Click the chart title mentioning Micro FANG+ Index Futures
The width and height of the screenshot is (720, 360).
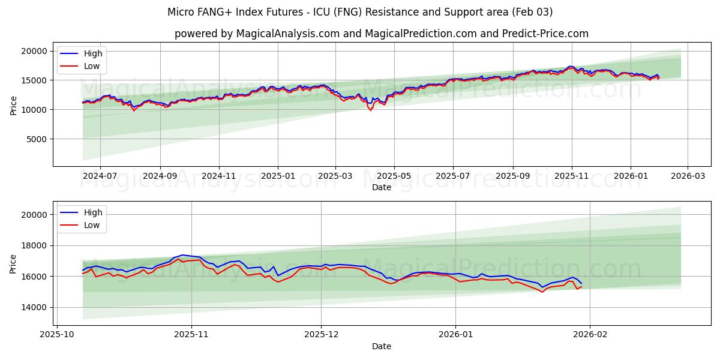(360, 12)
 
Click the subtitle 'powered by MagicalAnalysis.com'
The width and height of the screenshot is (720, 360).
(382, 34)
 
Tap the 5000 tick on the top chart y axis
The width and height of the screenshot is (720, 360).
(37, 139)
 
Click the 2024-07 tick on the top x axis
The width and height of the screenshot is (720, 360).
(100, 176)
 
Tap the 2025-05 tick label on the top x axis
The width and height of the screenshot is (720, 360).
(394, 176)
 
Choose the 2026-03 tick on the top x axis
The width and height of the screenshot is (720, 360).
(687, 176)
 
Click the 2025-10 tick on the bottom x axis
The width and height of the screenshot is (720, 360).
(58, 335)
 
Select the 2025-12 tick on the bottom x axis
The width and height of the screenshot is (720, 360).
(321, 335)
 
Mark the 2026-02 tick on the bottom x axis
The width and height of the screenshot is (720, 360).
(590, 335)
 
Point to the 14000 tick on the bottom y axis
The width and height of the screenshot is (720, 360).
(35, 307)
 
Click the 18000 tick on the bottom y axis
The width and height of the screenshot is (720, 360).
(35, 245)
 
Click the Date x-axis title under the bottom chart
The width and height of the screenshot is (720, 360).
(382, 346)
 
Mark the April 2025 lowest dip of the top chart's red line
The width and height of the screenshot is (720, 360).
(370, 110)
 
